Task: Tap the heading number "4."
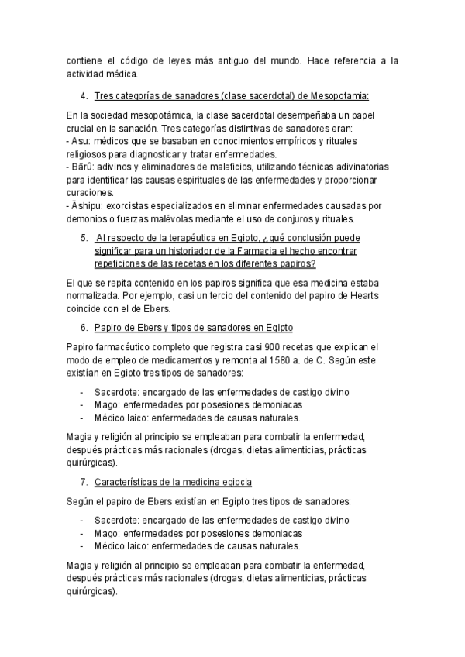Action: click(x=84, y=96)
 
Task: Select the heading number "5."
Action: click(x=84, y=237)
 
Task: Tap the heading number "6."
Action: click(x=84, y=326)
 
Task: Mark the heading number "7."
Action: click(x=84, y=481)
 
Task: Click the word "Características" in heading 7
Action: click(x=128, y=481)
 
